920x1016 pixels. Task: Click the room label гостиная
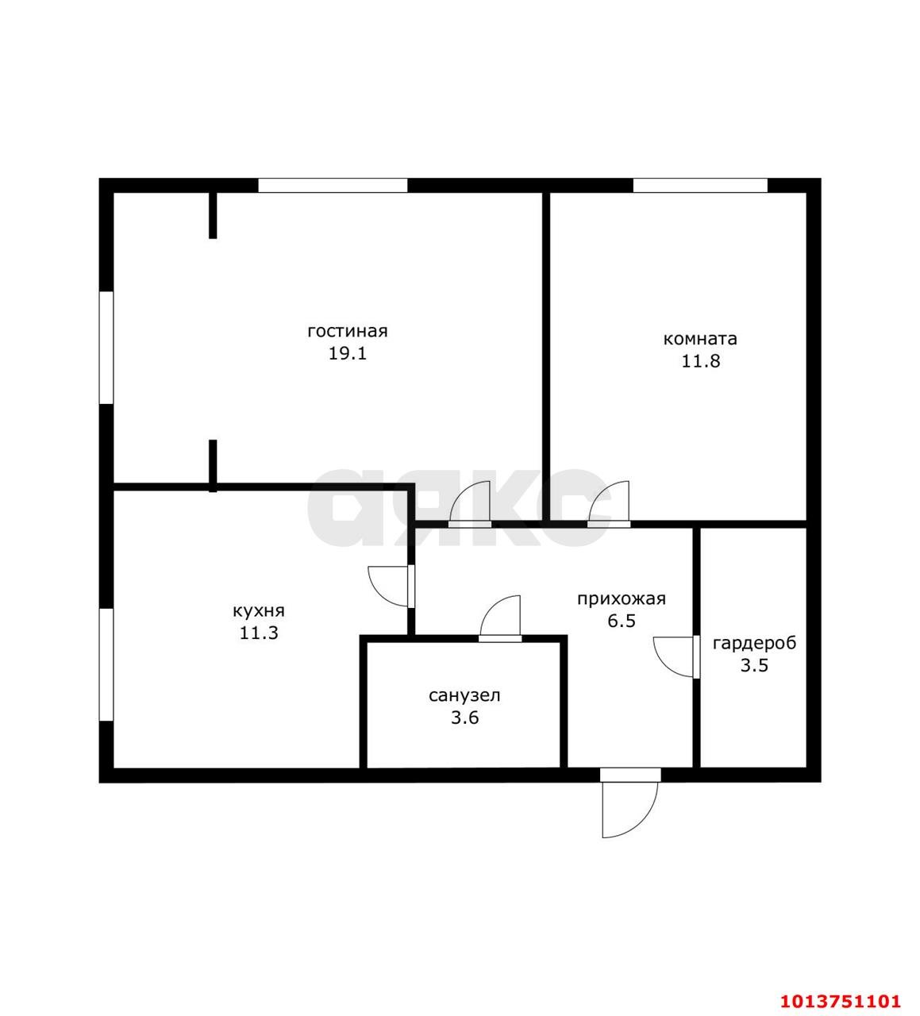[x=347, y=331]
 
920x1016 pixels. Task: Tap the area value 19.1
[x=347, y=353]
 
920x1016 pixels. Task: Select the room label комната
[x=700, y=339]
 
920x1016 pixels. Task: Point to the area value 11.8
[x=700, y=361]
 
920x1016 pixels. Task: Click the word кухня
[x=258, y=611]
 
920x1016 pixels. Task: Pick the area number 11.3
[x=258, y=633]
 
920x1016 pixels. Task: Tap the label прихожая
[x=621, y=599]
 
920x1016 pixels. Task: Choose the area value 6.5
[x=622, y=622]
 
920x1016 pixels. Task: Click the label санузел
[x=464, y=696]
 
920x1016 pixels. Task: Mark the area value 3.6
[x=464, y=718]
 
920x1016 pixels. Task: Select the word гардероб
[x=754, y=643]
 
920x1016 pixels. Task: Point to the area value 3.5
[x=754, y=665]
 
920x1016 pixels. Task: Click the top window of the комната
[x=700, y=186]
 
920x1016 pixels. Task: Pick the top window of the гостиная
[x=333, y=186]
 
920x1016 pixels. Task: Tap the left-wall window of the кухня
[x=106, y=664]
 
